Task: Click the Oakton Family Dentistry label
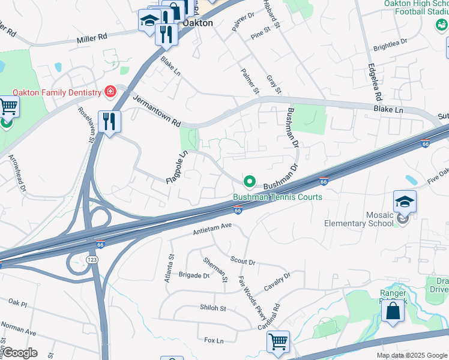56,92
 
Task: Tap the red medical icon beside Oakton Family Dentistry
110,92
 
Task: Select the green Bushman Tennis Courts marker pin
250,181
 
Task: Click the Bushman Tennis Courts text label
277,197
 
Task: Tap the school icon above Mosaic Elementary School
405,202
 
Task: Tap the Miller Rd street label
91,38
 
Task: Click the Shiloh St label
213,308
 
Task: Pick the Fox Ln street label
214,340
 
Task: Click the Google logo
20,353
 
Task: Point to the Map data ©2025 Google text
411,355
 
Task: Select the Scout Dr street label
243,261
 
